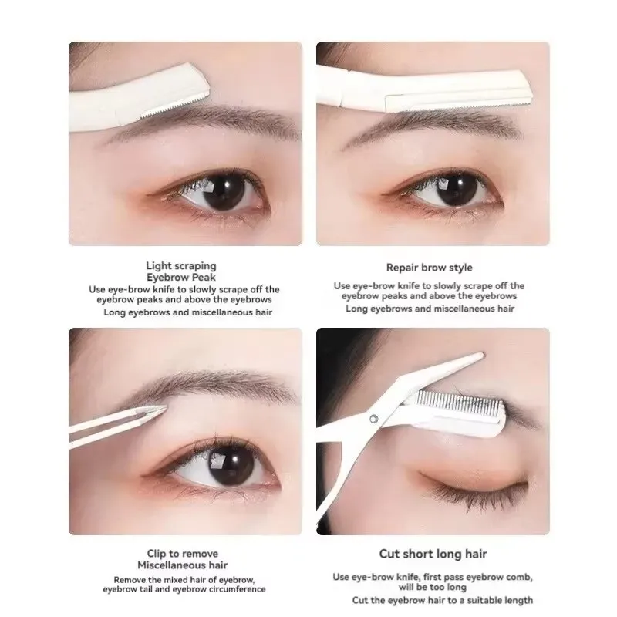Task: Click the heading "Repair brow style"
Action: pos(430,268)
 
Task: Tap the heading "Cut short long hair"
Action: pos(433,554)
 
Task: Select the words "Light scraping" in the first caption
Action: pos(181,266)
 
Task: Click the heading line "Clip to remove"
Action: pos(183,554)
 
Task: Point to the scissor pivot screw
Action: pos(374,419)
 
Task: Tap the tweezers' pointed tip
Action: pos(166,409)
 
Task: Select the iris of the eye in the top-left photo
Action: pos(224,190)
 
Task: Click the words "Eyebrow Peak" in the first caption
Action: pos(181,278)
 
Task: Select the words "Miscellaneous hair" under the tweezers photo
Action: pos(183,565)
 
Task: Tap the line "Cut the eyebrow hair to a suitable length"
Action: pos(442,601)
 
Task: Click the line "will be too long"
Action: pos(433,588)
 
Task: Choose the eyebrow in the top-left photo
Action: pos(204,120)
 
